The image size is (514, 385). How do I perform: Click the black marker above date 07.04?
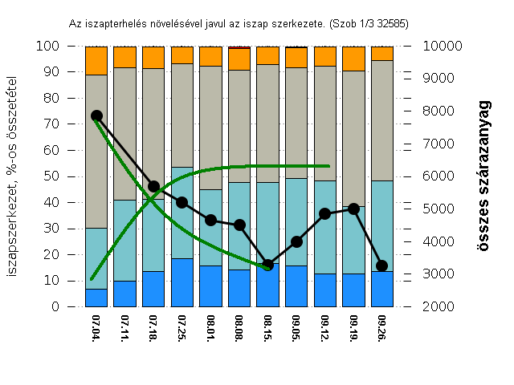click(96, 116)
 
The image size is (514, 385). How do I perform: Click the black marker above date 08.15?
click(268, 265)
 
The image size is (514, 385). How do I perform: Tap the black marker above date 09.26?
click(382, 265)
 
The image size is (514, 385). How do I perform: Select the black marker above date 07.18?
click(153, 186)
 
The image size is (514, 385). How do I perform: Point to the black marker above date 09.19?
click(353, 209)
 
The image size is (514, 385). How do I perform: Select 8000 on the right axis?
click(432, 111)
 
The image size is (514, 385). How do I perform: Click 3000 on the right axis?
click(432, 274)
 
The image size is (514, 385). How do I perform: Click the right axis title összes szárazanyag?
click(483, 176)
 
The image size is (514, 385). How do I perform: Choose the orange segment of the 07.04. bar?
click(96, 60)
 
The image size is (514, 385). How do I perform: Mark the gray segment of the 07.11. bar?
click(125, 133)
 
